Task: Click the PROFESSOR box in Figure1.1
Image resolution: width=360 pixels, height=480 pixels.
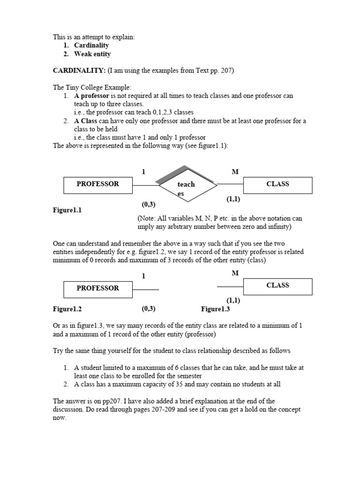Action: click(98, 185)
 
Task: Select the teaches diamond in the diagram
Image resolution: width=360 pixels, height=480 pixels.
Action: click(188, 186)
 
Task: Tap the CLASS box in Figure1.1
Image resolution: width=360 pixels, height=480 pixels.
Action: click(277, 185)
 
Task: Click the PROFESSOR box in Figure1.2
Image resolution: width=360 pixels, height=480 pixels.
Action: click(98, 288)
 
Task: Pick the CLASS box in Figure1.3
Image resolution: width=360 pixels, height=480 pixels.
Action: click(277, 286)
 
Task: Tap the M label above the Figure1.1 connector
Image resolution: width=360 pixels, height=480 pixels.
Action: click(235, 172)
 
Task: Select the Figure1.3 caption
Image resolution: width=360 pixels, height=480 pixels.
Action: click(215, 309)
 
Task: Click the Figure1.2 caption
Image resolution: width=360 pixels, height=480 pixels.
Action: click(67, 309)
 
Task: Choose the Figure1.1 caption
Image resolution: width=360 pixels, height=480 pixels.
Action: click(67, 210)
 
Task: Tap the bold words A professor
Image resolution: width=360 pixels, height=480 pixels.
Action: click(91, 96)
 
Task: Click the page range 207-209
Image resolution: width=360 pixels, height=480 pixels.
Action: click(185, 409)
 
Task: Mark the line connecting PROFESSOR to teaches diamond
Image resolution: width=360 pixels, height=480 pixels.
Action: click(145, 186)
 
